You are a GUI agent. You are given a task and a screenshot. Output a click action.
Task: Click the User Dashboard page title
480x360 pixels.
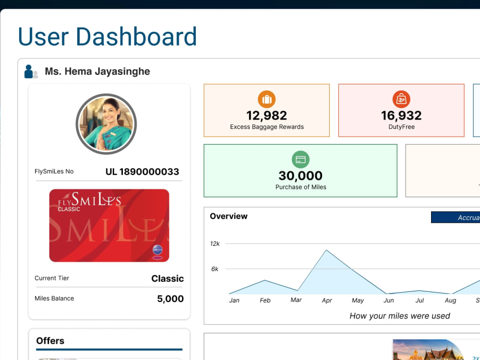coord(107,36)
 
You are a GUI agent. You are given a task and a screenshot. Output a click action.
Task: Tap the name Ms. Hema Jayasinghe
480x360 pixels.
coord(97,72)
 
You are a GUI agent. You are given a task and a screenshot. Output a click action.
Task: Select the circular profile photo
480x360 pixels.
coord(106,124)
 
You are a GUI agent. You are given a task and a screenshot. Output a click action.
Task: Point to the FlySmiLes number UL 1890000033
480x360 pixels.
coord(143,172)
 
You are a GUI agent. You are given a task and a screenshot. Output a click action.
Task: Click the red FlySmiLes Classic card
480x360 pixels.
coord(109,225)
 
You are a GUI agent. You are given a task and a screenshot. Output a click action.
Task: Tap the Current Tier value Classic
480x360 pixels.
coord(168,278)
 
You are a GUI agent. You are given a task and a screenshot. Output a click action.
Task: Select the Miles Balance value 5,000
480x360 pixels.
coord(170,299)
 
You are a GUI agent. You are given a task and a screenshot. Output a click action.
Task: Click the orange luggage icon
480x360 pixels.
coord(266,99)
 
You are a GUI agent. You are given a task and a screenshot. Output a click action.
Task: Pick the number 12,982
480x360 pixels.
coord(266,115)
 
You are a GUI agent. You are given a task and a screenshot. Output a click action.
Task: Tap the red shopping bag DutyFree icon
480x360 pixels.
coord(401,99)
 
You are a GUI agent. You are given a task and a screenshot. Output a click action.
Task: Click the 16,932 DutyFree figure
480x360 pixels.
coord(401,115)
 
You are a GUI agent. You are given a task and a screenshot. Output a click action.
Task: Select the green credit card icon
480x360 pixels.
coord(300,159)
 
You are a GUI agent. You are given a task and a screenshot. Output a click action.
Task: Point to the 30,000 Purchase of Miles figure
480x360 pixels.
coord(300,175)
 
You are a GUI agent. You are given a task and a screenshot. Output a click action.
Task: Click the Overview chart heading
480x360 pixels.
coord(228,216)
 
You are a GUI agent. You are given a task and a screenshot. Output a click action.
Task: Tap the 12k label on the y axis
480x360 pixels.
coord(215,244)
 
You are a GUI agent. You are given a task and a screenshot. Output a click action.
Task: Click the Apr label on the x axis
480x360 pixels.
coord(327,300)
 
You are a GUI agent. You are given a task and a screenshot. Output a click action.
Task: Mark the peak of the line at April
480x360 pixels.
coord(326,250)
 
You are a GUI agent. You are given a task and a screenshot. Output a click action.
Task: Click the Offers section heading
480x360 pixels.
coord(50,341)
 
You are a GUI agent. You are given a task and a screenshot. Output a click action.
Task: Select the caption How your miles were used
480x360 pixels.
coord(400,316)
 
